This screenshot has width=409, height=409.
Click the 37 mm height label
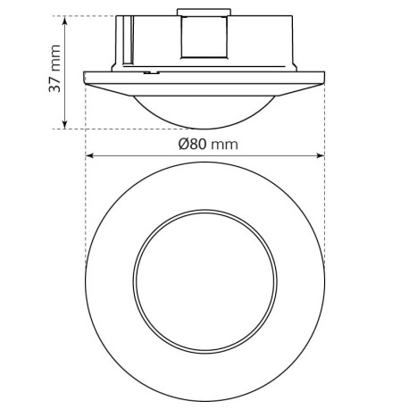(54, 71)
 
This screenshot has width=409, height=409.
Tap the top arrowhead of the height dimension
(67, 19)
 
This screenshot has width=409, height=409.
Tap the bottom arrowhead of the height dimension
(67, 125)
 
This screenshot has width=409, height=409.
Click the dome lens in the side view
(204, 110)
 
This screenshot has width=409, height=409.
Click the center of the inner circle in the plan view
(204, 276)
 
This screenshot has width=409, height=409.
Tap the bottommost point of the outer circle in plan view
(204, 393)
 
